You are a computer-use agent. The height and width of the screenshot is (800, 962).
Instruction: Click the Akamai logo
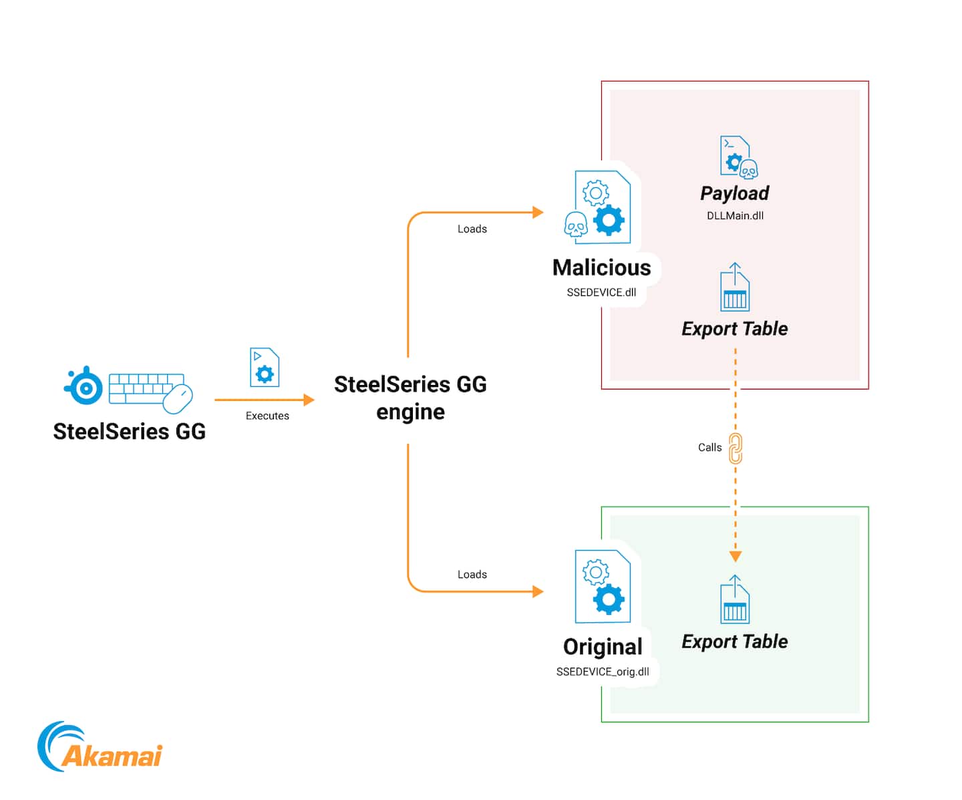click(x=100, y=747)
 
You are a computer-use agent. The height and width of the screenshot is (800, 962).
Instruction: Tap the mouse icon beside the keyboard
click(x=178, y=399)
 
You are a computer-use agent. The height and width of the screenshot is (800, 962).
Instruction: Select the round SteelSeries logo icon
click(x=85, y=387)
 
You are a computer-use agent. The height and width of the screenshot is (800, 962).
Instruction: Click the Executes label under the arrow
click(x=267, y=416)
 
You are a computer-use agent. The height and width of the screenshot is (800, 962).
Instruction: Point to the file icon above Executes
click(x=265, y=367)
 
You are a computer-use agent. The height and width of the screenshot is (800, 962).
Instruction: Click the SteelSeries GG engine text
click(x=410, y=398)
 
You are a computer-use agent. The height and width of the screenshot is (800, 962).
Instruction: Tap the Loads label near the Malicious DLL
click(x=472, y=229)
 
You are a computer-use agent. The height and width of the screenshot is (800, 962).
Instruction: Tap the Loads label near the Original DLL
click(x=472, y=575)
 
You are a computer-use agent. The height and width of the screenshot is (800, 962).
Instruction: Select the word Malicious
click(x=601, y=267)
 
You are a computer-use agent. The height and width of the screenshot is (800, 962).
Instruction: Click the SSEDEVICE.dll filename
click(x=601, y=292)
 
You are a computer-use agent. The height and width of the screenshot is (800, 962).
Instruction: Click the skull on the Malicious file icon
click(x=576, y=225)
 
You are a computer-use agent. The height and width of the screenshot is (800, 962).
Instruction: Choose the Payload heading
click(x=735, y=193)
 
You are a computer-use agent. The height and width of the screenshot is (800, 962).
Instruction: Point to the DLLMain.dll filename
click(x=735, y=216)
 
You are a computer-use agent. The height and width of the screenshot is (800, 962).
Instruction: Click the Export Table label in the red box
click(x=735, y=329)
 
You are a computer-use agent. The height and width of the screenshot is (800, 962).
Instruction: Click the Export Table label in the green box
click(x=735, y=642)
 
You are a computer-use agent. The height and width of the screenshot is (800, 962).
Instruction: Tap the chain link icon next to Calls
click(x=736, y=448)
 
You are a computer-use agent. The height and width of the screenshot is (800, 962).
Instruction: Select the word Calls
click(x=709, y=448)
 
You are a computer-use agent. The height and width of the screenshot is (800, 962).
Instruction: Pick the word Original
click(x=603, y=647)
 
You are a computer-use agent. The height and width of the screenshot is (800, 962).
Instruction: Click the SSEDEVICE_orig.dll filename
click(x=603, y=672)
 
